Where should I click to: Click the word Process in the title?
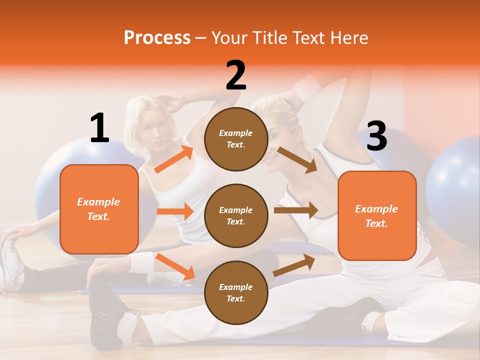click(157, 38)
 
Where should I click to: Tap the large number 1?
click(99, 128)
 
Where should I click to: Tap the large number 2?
click(236, 75)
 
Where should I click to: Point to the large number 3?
click(376, 136)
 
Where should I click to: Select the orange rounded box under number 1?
click(99, 209)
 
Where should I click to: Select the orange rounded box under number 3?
click(377, 215)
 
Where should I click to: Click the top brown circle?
click(236, 139)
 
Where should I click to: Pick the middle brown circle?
click(236, 215)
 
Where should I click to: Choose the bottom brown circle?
click(236, 292)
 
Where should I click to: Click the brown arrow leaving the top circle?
click(297, 160)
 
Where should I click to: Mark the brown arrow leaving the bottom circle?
click(294, 265)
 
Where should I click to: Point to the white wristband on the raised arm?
click(307, 86)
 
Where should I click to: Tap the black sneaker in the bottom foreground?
click(106, 315)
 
